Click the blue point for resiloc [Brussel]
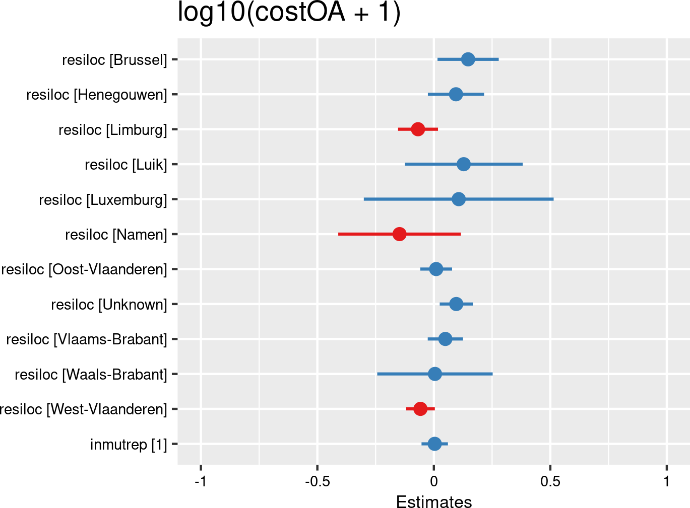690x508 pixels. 468,59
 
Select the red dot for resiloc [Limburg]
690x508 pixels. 417,129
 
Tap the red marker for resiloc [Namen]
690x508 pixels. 399,234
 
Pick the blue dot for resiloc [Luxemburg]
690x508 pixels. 458,199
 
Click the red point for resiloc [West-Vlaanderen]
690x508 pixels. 420,409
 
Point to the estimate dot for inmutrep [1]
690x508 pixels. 434,444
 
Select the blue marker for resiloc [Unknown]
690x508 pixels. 456,304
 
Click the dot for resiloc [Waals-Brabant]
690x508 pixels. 434,374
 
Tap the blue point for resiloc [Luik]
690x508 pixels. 464,164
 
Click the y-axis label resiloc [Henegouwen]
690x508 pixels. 96,95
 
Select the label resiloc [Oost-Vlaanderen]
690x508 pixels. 84,269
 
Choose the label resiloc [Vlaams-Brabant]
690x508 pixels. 86,339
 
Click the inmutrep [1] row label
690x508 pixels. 128,445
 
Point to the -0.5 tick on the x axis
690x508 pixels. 317,482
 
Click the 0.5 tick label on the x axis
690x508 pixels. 550,482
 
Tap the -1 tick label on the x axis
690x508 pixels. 201,482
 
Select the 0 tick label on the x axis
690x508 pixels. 434,482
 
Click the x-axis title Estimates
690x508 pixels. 434,502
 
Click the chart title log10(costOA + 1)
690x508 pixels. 289,12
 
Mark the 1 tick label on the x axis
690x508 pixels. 667,482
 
